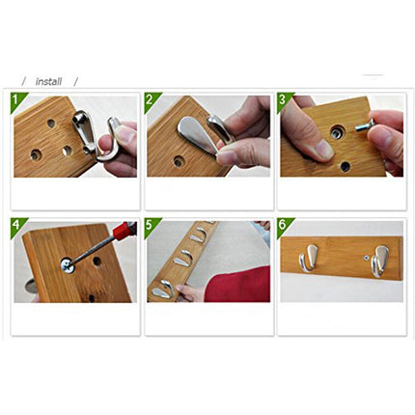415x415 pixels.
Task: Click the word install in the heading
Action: (48, 82)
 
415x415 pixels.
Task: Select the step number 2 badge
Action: (151, 98)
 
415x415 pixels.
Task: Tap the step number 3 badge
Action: (283, 98)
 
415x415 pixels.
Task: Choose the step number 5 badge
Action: (151, 225)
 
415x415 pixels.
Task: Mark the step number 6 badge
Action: (283, 225)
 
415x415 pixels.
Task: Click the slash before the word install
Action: (24, 82)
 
